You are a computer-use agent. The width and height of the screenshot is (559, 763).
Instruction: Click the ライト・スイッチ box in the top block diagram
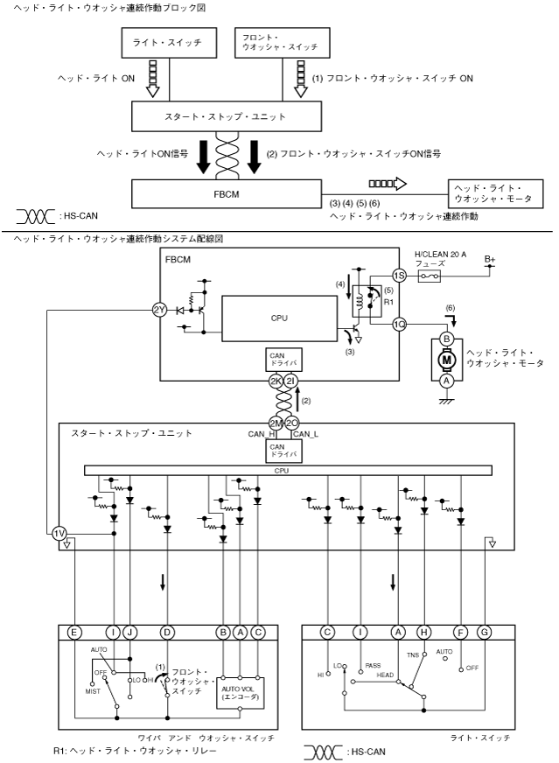pyautogui.click(x=166, y=44)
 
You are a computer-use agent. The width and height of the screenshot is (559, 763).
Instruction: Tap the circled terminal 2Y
pyautogui.click(x=158, y=309)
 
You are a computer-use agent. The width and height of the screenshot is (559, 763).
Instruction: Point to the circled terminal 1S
pyautogui.click(x=399, y=275)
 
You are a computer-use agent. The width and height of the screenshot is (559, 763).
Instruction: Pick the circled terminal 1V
pyautogui.click(x=59, y=534)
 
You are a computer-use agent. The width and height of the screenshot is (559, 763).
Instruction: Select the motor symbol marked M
pyautogui.click(x=446, y=360)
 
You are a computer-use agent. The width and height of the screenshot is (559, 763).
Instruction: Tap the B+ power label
pyautogui.click(x=490, y=260)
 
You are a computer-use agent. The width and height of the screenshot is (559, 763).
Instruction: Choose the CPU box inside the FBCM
pyautogui.click(x=279, y=318)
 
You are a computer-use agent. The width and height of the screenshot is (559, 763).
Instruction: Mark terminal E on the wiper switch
pyautogui.click(x=76, y=631)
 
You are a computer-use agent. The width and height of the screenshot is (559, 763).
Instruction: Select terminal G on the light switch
pyautogui.click(x=486, y=631)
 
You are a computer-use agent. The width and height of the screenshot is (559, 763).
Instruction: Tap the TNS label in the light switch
pyautogui.click(x=413, y=653)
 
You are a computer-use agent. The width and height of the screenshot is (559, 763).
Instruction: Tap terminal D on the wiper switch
pyautogui.click(x=166, y=631)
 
